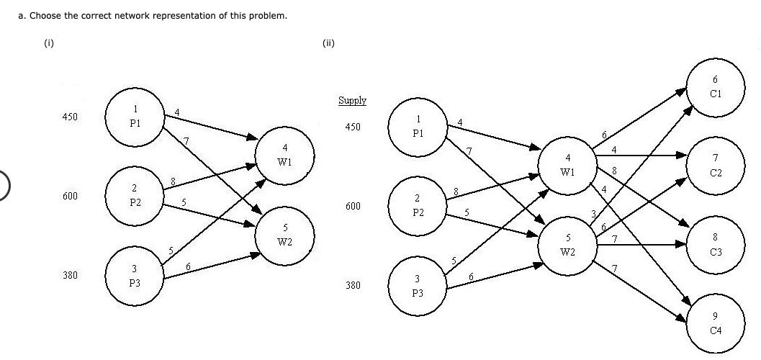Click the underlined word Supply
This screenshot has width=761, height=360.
pyautogui.click(x=352, y=101)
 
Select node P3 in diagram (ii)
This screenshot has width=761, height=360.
pyautogui.click(x=418, y=286)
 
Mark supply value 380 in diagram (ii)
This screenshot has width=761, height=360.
pyautogui.click(x=353, y=286)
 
